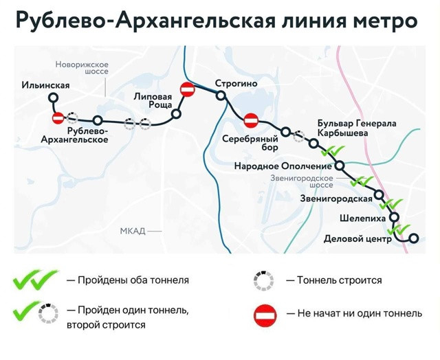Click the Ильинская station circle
(54, 98)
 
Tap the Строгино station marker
(221, 95)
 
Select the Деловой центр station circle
(414, 238)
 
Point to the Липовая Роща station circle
(177, 114)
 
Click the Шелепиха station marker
(395, 216)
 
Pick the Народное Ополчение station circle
(340, 166)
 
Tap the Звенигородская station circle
(379, 194)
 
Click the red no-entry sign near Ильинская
(58, 118)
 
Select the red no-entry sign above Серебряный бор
(251, 121)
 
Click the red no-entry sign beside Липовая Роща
(188, 89)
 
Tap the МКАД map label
(133, 231)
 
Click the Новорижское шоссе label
(82, 68)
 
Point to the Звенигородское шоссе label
(302, 181)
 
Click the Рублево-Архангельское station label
(75, 135)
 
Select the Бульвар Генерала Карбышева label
(357, 128)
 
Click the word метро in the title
(385, 21)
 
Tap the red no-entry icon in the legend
(265, 315)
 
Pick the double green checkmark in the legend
(35, 280)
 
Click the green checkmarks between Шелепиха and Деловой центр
(399, 229)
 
